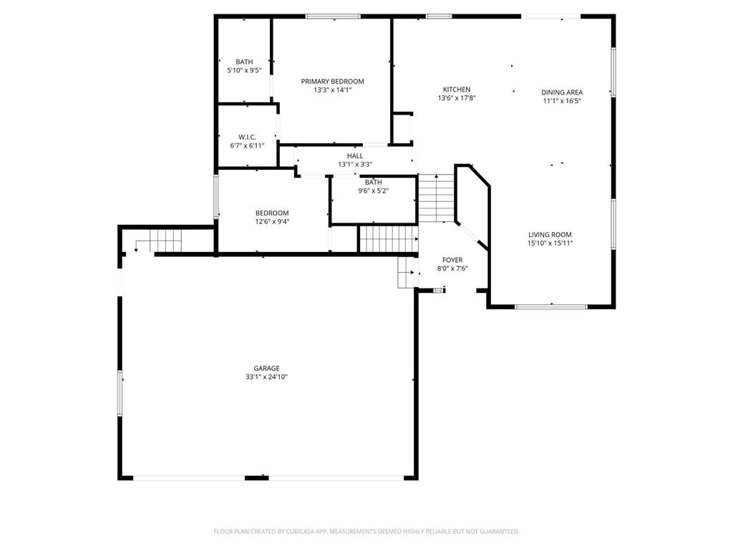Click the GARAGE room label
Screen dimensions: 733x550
[x=266, y=369]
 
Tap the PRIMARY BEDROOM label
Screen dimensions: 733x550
[x=332, y=82]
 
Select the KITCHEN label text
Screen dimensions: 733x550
[x=457, y=90]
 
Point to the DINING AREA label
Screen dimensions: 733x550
[x=562, y=92]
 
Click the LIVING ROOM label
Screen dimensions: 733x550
[x=550, y=235]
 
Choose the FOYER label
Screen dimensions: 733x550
[x=452, y=260]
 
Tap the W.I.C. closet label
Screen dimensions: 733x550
[x=247, y=137]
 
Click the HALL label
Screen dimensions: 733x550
[x=355, y=155]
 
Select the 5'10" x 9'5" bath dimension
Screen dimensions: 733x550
[x=244, y=70]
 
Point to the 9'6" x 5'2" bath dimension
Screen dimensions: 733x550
[x=374, y=190]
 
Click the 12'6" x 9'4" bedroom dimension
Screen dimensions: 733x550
[x=272, y=222]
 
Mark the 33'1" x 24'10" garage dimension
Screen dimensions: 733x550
[x=266, y=377]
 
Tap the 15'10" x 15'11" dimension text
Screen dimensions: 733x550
[x=550, y=243]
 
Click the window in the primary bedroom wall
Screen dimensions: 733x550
[x=333, y=16]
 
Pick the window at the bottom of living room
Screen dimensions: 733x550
[x=550, y=307]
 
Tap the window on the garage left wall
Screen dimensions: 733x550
[x=120, y=393]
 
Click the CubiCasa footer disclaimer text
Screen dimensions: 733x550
[x=366, y=531]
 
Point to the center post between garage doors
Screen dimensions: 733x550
[x=257, y=478]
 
